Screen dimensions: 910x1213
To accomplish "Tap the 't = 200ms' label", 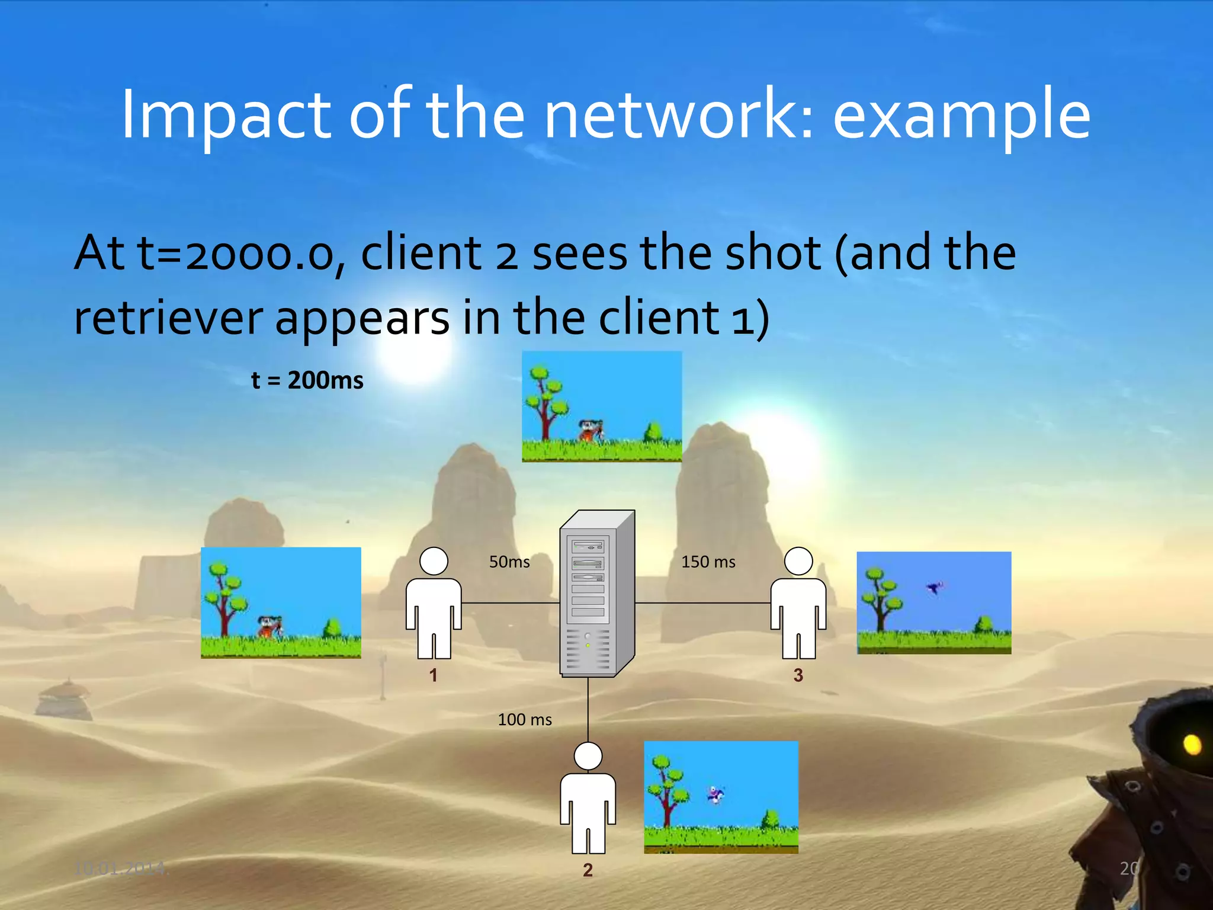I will click(307, 380).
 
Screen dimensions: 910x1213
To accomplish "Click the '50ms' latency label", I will click(509, 562).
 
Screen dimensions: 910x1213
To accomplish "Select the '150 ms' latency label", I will click(708, 562).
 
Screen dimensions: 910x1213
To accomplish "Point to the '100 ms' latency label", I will click(525, 719).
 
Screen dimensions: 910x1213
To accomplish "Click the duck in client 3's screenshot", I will click(935, 588).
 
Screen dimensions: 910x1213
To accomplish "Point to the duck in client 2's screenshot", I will click(715, 794).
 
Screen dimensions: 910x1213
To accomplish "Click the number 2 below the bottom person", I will click(588, 870).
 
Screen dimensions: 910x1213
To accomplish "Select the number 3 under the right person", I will click(798, 675).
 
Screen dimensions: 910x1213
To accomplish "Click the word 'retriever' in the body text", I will click(168, 318).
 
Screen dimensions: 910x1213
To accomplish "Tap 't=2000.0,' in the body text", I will click(242, 254).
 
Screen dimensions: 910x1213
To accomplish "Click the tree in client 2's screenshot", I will click(668, 788).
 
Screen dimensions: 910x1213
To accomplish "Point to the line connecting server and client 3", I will click(702, 603).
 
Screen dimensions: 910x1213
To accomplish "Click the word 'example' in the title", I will click(961, 114).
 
